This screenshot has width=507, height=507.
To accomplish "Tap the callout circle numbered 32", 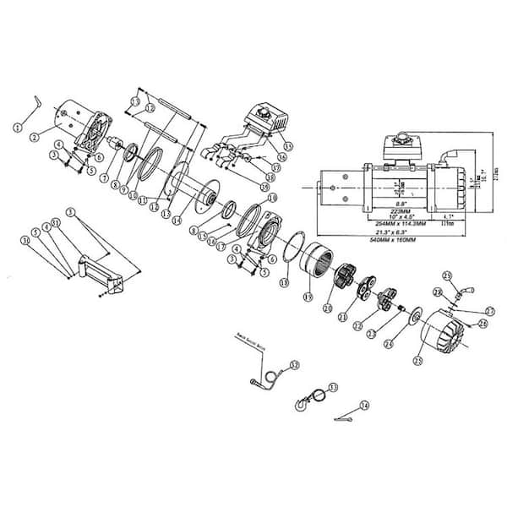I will click(x=294, y=365).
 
